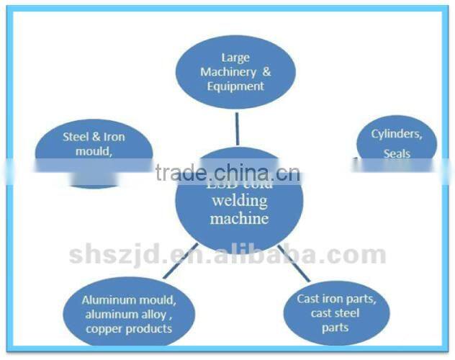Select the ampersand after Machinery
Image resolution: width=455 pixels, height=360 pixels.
266,72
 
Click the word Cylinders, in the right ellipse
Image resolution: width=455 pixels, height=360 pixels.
396,134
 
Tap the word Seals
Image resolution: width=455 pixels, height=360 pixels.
397,153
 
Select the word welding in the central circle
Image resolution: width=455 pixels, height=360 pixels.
238,201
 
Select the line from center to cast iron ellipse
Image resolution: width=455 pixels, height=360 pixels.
294,264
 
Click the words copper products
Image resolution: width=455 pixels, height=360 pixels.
128,328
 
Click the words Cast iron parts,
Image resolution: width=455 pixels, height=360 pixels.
336,299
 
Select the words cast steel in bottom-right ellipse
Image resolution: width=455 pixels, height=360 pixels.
335,313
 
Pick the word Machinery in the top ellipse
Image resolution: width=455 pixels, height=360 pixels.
227,72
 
